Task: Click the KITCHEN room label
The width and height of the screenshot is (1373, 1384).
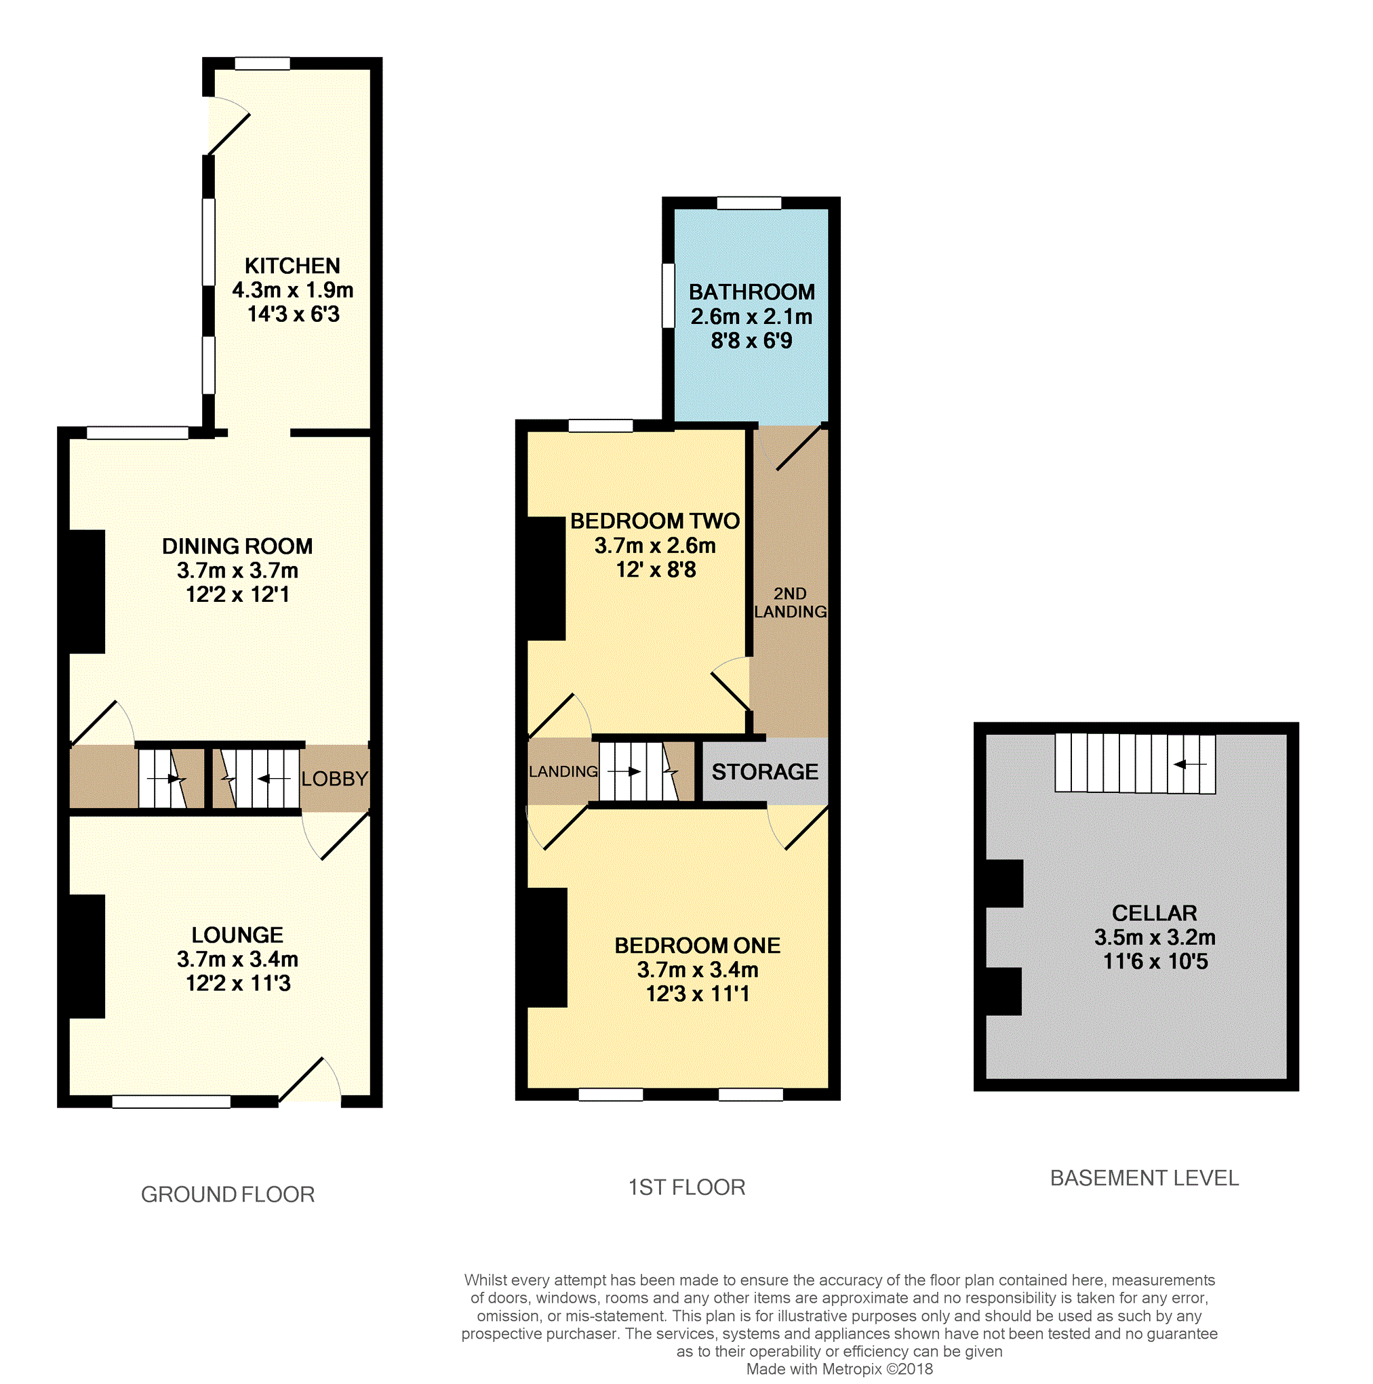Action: [292, 266]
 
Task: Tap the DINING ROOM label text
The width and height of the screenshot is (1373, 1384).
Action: [237, 546]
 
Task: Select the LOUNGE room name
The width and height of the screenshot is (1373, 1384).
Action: [237, 935]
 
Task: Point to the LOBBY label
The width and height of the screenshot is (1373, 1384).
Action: [334, 779]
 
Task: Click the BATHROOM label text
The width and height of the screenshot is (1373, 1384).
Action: [752, 292]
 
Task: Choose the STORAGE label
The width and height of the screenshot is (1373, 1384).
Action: [765, 771]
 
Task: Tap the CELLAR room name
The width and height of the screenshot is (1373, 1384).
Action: [1155, 914]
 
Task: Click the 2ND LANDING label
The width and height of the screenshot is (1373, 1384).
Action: [790, 603]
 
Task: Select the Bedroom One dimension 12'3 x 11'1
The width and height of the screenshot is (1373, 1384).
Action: [697, 994]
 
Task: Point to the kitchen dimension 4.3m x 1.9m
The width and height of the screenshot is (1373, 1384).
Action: [292, 290]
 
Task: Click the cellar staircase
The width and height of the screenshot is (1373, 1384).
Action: [1135, 763]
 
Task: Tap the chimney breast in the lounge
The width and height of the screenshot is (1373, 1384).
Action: [87, 956]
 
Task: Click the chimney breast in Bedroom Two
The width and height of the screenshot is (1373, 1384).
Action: [546, 578]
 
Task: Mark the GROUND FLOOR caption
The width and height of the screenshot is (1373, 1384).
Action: [228, 1194]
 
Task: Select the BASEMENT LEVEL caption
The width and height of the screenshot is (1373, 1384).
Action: [1145, 1179]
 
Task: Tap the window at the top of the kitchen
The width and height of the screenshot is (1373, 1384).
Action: [262, 63]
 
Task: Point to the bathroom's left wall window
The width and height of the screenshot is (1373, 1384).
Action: [668, 295]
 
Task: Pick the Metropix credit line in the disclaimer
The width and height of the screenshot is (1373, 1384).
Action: [839, 1369]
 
